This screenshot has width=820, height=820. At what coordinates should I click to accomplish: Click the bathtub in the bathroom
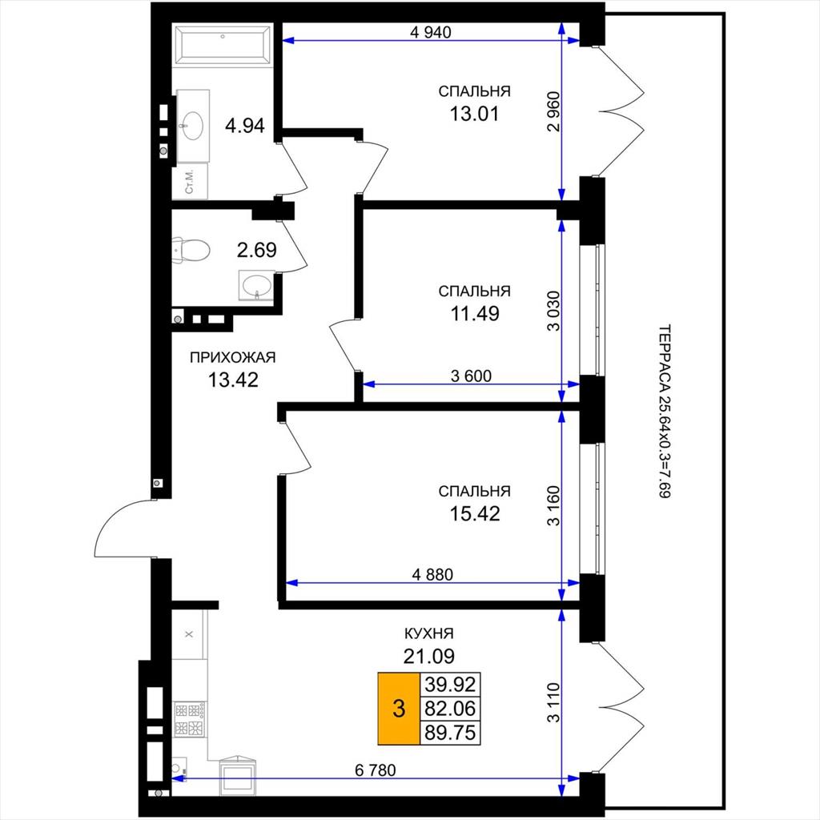click(223, 45)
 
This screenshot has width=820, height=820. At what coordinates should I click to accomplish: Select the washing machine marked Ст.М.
click(190, 181)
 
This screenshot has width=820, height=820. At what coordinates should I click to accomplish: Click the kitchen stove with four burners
click(190, 720)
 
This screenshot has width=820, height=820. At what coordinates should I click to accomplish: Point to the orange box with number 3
click(399, 709)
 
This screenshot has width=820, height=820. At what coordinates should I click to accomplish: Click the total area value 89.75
click(450, 733)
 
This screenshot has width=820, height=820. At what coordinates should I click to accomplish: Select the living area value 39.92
click(450, 684)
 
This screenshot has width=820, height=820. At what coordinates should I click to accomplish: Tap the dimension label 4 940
click(430, 32)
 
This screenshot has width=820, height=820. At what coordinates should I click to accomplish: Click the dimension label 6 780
click(375, 770)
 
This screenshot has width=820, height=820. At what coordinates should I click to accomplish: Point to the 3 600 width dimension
click(471, 376)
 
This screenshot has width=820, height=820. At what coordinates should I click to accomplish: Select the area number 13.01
click(474, 114)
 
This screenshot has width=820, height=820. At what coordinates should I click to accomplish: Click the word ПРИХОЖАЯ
click(232, 358)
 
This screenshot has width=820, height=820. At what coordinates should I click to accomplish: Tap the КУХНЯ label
click(429, 634)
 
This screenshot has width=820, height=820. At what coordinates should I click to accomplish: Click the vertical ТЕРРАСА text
click(664, 412)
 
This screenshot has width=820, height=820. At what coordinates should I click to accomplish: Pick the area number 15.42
click(474, 513)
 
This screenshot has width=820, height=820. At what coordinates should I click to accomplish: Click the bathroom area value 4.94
click(245, 126)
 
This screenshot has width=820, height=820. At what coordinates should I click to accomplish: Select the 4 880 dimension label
click(432, 574)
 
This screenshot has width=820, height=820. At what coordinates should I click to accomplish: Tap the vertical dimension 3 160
click(553, 506)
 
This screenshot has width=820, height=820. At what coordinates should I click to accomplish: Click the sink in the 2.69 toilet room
click(256, 286)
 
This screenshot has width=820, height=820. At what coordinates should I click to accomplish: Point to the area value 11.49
click(474, 313)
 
